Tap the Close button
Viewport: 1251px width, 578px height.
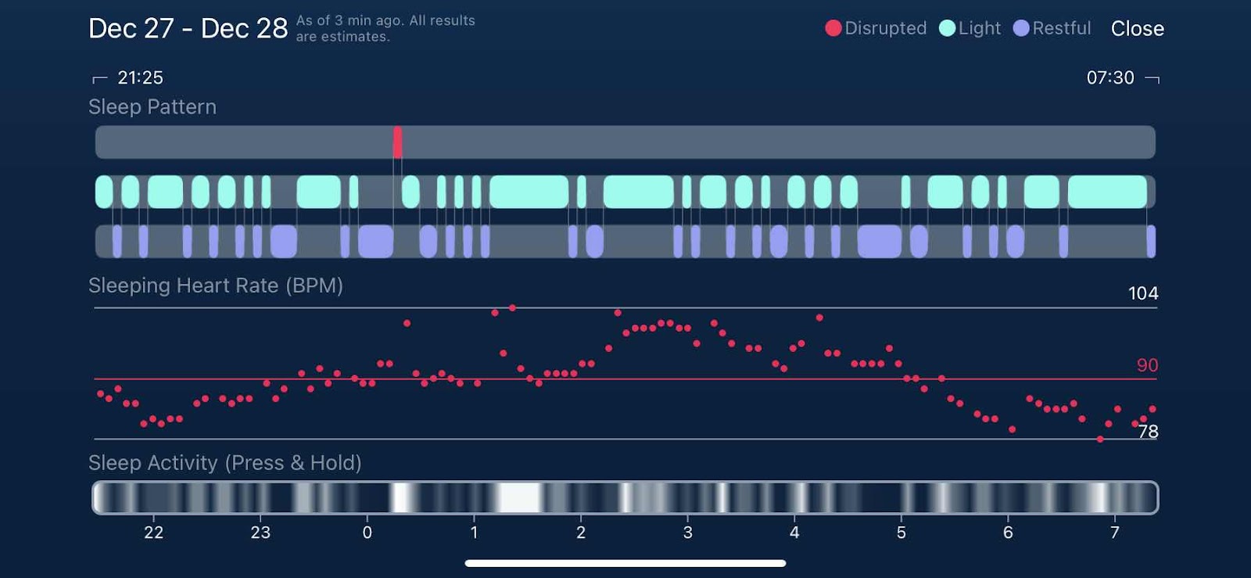[x=1137, y=29]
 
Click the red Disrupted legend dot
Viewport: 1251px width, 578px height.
[x=833, y=28]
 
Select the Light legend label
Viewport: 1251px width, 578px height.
[x=979, y=28]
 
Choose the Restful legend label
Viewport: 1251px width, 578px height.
[x=1061, y=28]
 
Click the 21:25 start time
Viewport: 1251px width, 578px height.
[x=140, y=77]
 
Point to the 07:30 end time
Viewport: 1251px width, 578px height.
[x=1109, y=77]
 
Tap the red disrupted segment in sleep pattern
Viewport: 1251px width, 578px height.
[x=398, y=142]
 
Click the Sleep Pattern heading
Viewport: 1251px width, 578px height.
[x=152, y=107]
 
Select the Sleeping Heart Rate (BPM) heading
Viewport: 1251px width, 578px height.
[x=216, y=285]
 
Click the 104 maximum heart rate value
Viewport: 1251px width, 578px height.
[x=1142, y=293]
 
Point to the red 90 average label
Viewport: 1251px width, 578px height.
[x=1147, y=365]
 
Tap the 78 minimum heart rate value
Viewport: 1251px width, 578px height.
[x=1148, y=432]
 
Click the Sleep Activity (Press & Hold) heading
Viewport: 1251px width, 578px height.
[x=225, y=463]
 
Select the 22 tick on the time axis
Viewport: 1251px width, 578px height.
[x=154, y=533]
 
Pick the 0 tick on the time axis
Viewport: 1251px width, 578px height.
[x=367, y=533]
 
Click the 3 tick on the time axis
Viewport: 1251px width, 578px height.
[x=687, y=533]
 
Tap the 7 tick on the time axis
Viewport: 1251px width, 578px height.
[x=1115, y=533]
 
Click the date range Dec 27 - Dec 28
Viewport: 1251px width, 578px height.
[x=188, y=29]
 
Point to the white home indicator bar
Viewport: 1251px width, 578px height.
[x=625, y=563]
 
